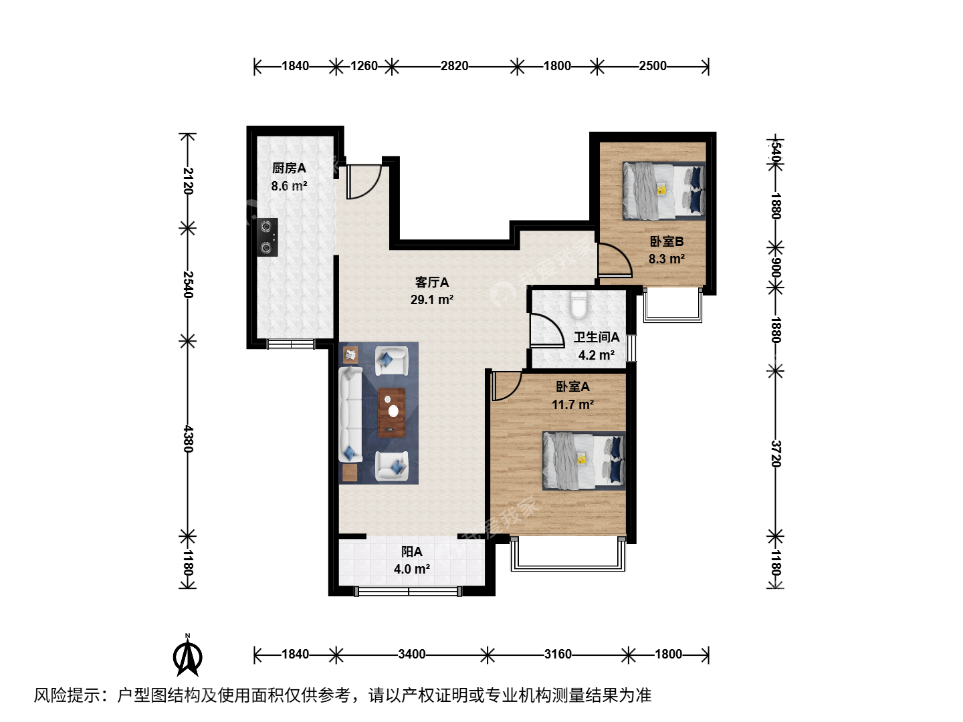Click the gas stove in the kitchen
coord(267,237)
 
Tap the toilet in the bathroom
coord(578,306)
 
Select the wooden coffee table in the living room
coord(392,412)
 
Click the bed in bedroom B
coord(664,191)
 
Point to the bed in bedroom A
coord(584,461)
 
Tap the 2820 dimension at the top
coord(455,66)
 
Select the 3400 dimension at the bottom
coord(411,654)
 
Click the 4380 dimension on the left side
coord(188,439)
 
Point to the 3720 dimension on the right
coord(776,454)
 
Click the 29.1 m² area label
coord(432,300)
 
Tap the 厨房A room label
coord(289,168)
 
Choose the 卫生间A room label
coord(597,337)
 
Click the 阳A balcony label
coord(411,552)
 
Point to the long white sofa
coord(350,414)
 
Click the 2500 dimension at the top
coord(653,66)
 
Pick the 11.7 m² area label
coord(573,404)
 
